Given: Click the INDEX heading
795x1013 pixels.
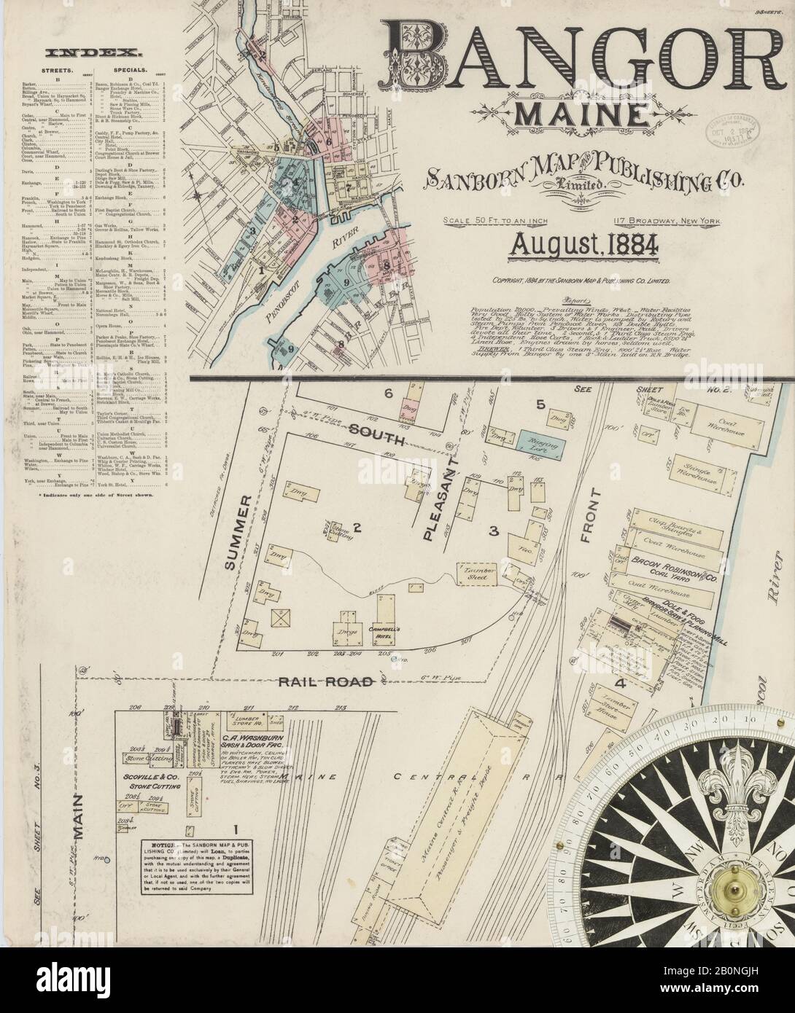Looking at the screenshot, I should (x=93, y=52).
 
